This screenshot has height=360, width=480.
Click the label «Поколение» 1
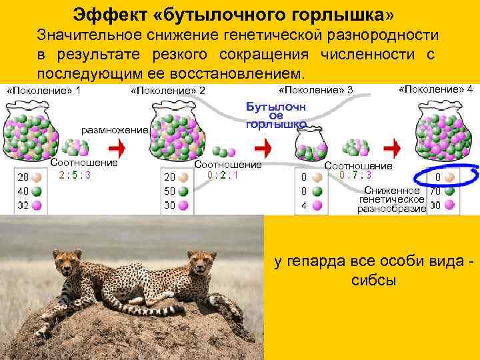43,90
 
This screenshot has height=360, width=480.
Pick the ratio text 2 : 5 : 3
75,175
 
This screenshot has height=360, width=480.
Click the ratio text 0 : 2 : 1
222,175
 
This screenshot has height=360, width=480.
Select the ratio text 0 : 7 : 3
355,175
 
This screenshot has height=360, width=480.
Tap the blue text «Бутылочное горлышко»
276,115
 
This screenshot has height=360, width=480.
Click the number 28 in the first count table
23,178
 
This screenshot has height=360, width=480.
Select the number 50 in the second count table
170,191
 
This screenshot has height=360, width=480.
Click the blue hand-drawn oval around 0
445,177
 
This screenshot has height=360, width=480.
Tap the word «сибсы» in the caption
373,279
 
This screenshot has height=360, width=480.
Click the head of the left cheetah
68,263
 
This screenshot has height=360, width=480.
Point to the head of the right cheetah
199,262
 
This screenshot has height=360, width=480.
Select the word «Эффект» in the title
107,13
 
